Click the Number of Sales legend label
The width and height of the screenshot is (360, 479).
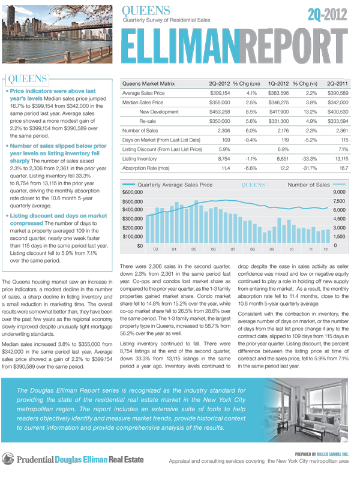[x=308, y=184]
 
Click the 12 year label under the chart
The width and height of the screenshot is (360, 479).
[x=326, y=249]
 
